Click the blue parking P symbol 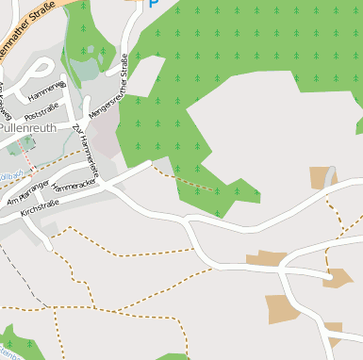coord(154,3)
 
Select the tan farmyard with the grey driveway coord(322,178)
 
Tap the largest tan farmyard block coord(282,309)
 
